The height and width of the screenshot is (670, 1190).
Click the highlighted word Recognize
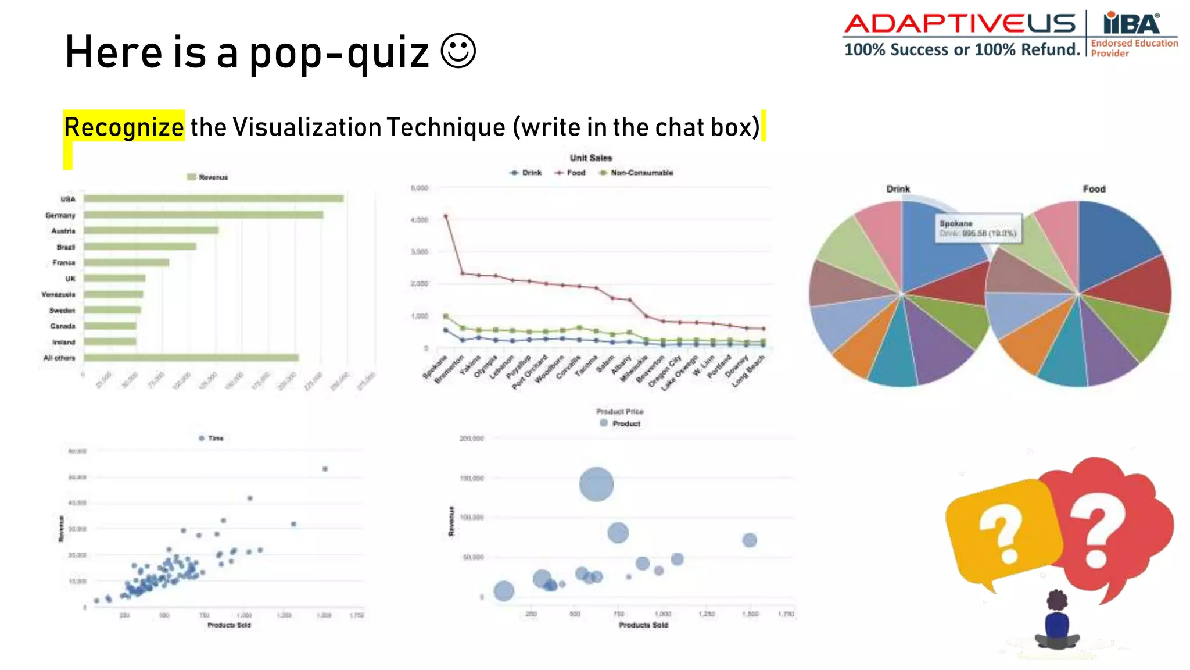pyautogui.click(x=124, y=127)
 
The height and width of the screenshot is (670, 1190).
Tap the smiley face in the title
pyautogui.click(x=458, y=51)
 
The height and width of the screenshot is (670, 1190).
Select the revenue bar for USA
pyautogui.click(x=213, y=199)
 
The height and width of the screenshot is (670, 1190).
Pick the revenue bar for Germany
pyautogui.click(x=203, y=215)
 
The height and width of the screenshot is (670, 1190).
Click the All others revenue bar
pyautogui.click(x=191, y=358)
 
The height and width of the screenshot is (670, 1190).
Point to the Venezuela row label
pyautogui.click(x=59, y=294)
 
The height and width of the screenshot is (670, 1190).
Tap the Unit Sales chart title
pyautogui.click(x=591, y=158)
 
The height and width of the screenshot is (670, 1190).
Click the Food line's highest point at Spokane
pyautogui.click(x=446, y=216)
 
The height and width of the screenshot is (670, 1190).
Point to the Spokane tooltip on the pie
pyautogui.click(x=978, y=228)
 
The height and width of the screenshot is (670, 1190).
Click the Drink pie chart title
pyautogui.click(x=898, y=189)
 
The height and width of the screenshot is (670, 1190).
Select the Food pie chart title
pyautogui.click(x=1094, y=189)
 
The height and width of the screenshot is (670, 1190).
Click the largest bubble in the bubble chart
pyautogui.click(x=596, y=484)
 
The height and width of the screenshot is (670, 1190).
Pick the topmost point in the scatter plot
pyautogui.click(x=325, y=469)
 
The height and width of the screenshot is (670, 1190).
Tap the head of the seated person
pyautogui.click(x=1057, y=601)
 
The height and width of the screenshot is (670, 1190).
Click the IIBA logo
pyautogui.click(x=1131, y=24)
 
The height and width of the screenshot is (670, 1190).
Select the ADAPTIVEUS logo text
pyautogui.click(x=960, y=24)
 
